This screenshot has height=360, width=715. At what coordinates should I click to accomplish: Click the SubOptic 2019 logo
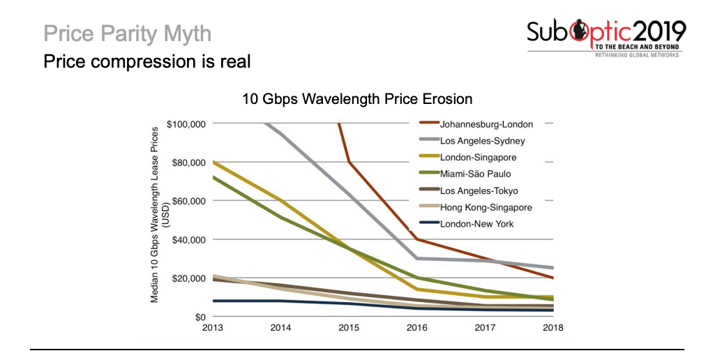(x=606, y=39)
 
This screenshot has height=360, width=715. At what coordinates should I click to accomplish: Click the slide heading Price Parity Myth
(x=127, y=33)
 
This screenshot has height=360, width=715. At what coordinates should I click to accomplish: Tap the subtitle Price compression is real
(x=146, y=61)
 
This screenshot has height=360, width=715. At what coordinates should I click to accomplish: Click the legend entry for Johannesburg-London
(x=486, y=124)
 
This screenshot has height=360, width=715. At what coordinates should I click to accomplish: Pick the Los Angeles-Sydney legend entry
(x=482, y=141)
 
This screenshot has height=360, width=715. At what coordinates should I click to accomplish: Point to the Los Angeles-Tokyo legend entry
(x=479, y=190)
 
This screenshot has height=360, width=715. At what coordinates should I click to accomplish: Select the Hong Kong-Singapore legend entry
(x=486, y=207)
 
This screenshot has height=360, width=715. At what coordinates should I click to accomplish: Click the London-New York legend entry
(x=476, y=224)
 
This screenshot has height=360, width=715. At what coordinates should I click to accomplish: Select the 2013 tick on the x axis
(x=213, y=327)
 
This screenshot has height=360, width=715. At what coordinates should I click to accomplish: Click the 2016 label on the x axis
(x=417, y=327)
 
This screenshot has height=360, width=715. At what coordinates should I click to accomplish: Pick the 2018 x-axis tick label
(x=552, y=327)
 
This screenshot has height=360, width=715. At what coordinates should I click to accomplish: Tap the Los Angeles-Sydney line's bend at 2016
(x=417, y=258)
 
